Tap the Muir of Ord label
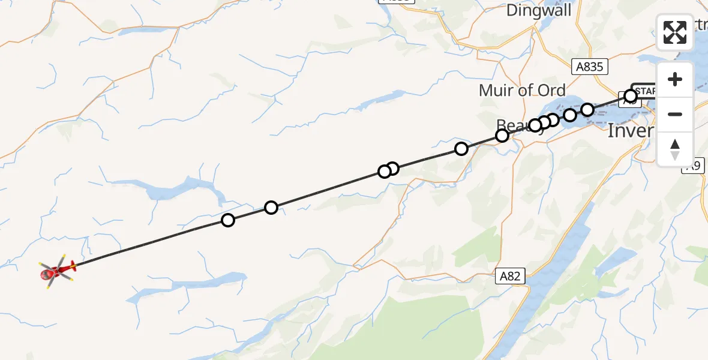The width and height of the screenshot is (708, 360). (x=522, y=91)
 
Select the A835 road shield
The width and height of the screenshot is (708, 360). (x=589, y=67)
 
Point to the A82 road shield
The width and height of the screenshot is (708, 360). (x=511, y=276)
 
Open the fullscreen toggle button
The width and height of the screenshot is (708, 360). (x=675, y=32)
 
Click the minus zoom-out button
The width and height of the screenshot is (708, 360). (x=675, y=114)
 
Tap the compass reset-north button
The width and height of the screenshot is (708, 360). (x=675, y=149)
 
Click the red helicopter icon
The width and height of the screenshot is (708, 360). (x=58, y=272)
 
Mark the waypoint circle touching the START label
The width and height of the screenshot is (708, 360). (x=630, y=96)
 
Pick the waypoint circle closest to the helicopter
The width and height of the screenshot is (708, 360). (x=228, y=220)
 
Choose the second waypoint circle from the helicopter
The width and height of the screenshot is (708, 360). (x=271, y=208)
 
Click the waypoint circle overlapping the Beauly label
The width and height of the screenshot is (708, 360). (x=502, y=136)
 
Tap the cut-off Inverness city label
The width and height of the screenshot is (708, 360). (x=630, y=130)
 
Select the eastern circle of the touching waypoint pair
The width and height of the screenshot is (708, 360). (x=392, y=169)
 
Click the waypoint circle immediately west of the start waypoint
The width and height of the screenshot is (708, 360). (x=587, y=109)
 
